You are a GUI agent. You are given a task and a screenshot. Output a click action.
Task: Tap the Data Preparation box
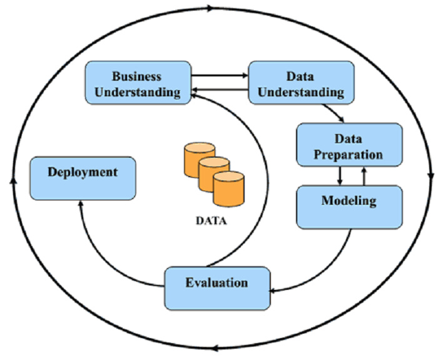pyautogui.click(x=349, y=145)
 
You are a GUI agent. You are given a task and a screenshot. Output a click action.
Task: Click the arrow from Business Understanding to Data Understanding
pyautogui.click(x=219, y=76)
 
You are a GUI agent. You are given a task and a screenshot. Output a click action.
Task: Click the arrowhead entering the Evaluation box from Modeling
pyautogui.click(x=274, y=290)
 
